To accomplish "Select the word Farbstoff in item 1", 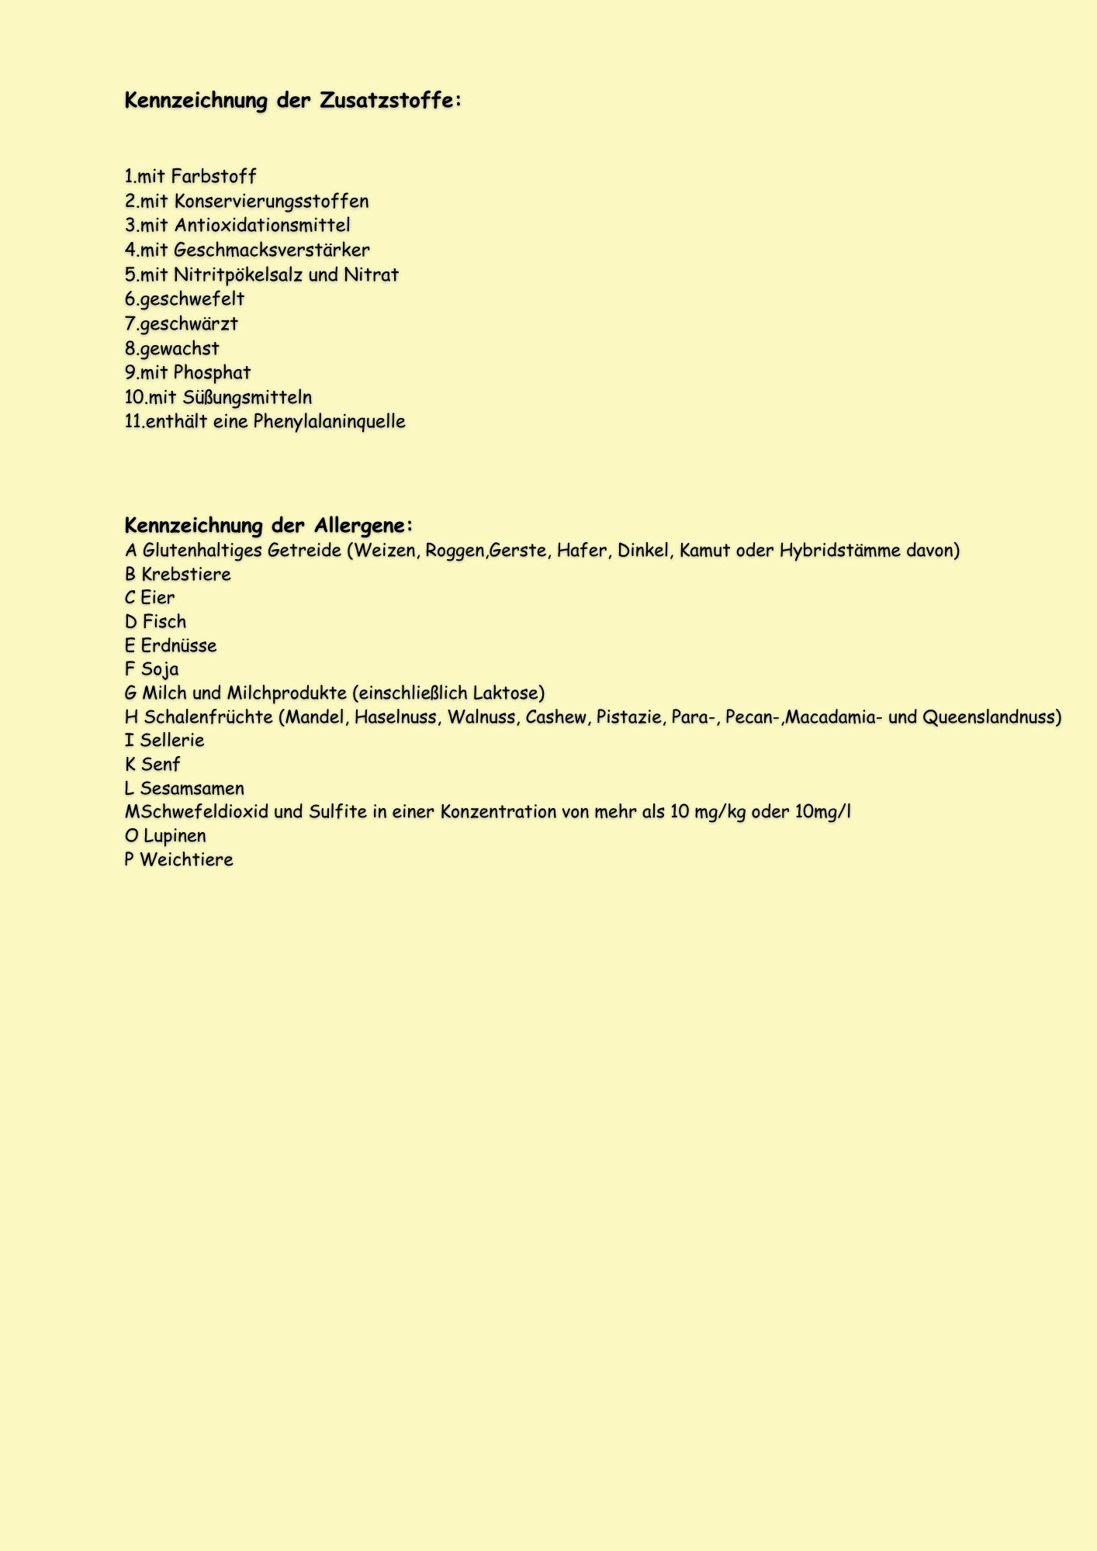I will pyautogui.click(x=213, y=177).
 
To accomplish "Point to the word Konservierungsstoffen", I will pyautogui.click(x=272, y=202).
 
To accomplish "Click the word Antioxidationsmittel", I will pyautogui.click(x=262, y=226).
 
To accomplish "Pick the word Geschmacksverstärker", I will pyautogui.click(x=272, y=250).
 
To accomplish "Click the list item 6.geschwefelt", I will pyautogui.click(x=185, y=299).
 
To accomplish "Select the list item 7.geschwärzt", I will pyautogui.click(x=182, y=324).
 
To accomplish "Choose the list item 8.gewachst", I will pyautogui.click(x=172, y=349).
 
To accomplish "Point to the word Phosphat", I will pyautogui.click(x=212, y=373).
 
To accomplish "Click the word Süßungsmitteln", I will pyautogui.click(x=247, y=398).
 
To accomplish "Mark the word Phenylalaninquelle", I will pyautogui.click(x=329, y=422).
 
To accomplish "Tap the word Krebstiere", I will pyautogui.click(x=186, y=575).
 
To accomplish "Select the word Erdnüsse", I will pyautogui.click(x=178, y=646).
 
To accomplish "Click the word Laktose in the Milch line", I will pyautogui.click(x=506, y=693).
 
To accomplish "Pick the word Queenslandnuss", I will pyautogui.click(x=991, y=717).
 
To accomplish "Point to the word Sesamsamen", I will pyautogui.click(x=192, y=789).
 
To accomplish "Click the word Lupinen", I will pyautogui.click(x=175, y=836).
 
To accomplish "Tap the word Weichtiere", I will pyautogui.click(x=186, y=860).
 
